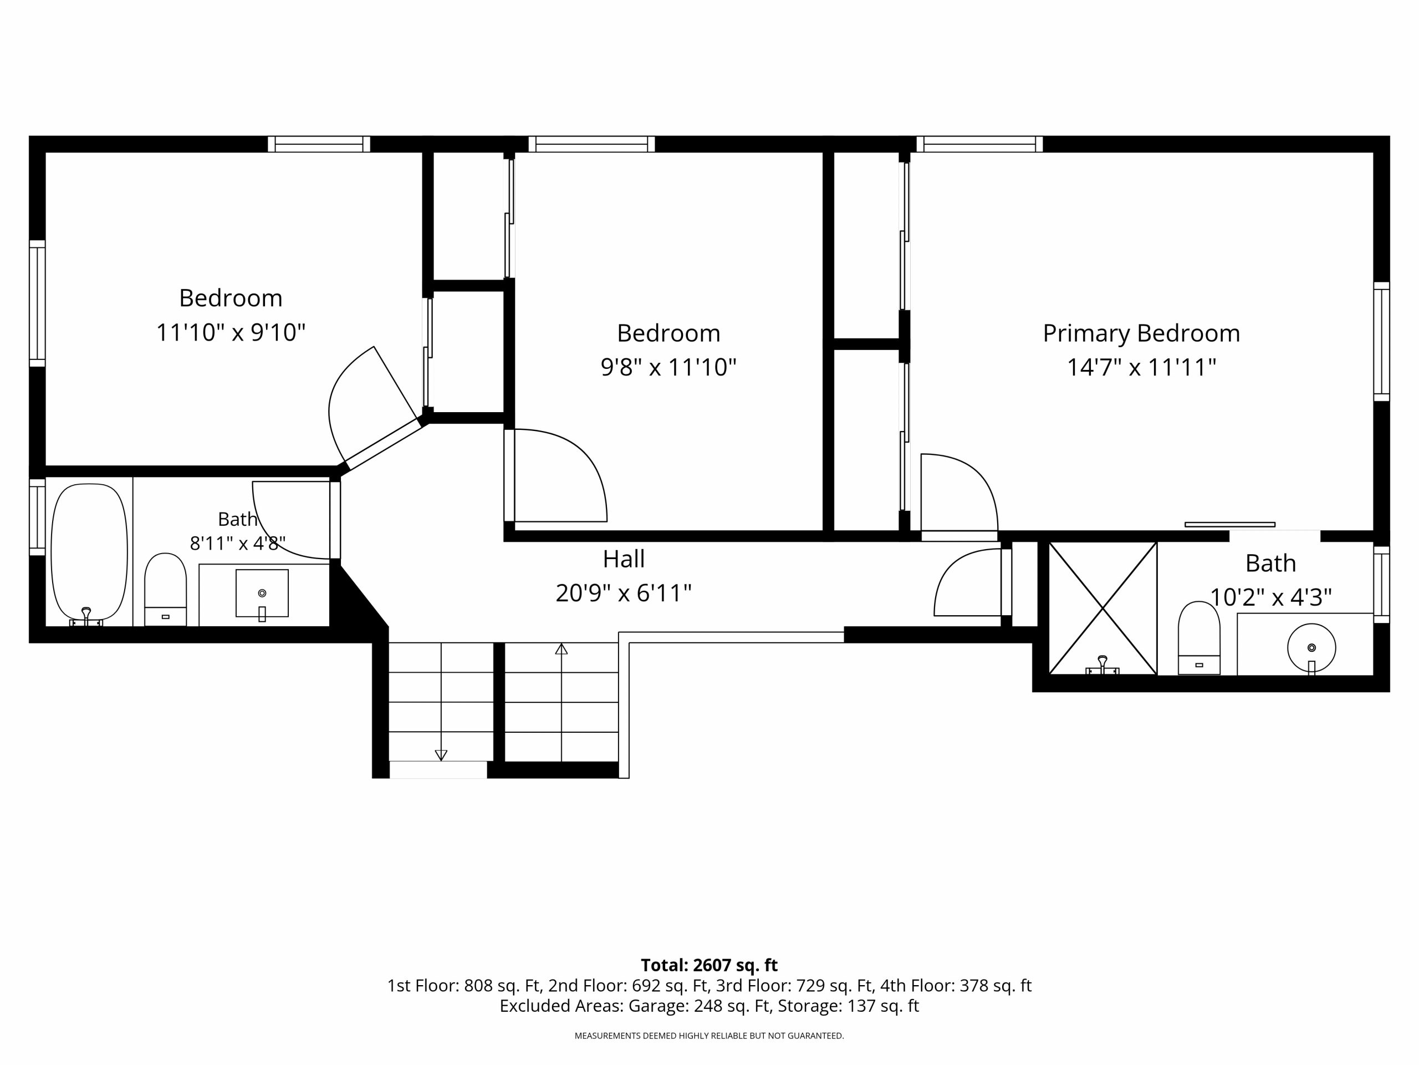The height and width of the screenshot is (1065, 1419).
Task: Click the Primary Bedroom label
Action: coord(1141,334)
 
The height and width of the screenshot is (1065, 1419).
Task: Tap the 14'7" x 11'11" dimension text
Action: coord(1141,368)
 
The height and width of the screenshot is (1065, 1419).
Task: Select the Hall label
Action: coord(624,559)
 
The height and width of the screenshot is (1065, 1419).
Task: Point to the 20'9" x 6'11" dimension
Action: coord(624,593)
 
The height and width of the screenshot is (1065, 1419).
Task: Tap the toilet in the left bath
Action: coord(166,589)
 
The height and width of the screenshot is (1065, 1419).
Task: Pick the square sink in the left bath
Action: coord(262,593)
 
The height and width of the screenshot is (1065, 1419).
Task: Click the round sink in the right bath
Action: coord(1311,648)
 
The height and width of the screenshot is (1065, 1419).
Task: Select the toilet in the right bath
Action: coord(1199,637)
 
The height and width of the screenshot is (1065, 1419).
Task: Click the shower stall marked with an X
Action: coord(1102,607)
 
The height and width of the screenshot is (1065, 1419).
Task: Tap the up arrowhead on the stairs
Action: coord(562,649)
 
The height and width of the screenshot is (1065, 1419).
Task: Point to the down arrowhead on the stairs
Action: coord(441,755)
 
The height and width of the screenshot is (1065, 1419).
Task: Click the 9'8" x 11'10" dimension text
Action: coord(668,368)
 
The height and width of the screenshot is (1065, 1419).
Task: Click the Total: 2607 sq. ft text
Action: coord(709,965)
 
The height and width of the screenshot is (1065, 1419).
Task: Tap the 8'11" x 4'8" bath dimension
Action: coord(237,544)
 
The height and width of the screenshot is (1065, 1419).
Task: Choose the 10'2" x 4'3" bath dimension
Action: coord(1271,597)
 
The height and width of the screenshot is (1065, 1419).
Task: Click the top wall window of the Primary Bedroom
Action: coord(979,144)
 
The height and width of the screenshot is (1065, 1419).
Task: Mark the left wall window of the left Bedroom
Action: coord(37,303)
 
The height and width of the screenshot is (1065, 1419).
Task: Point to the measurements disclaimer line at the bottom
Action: coord(709,1036)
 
